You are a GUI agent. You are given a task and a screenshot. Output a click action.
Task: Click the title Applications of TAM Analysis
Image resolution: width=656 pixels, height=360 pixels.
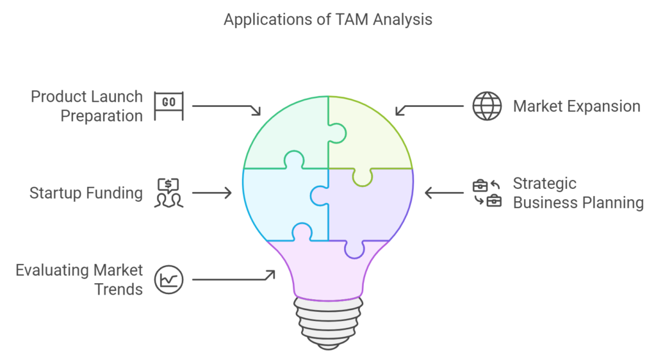(x=327, y=20)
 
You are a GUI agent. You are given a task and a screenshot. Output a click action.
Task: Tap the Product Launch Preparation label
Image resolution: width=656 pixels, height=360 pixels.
(x=87, y=106)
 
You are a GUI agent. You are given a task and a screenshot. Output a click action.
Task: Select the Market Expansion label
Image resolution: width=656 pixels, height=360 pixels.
(x=577, y=106)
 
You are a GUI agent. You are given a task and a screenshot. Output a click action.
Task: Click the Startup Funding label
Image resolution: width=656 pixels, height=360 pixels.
(x=86, y=193)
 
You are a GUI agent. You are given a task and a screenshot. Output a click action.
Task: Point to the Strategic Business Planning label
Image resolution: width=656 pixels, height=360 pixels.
(x=578, y=193)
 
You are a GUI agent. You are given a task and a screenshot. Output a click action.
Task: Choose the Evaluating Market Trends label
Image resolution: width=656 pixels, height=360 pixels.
(x=79, y=279)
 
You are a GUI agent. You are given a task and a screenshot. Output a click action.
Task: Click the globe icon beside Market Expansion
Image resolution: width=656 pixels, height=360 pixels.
(x=488, y=106)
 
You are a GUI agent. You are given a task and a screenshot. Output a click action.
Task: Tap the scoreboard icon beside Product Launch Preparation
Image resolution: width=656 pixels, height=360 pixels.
(x=169, y=106)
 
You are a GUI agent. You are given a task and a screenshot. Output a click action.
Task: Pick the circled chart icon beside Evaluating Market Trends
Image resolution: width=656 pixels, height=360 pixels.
(x=169, y=279)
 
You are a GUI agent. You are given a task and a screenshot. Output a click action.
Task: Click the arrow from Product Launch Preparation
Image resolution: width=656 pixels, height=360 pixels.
(x=226, y=108)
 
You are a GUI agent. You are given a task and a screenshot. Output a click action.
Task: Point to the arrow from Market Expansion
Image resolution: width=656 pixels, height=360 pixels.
(x=429, y=108)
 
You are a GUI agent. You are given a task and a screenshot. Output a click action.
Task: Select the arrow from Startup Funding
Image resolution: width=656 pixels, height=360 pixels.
(x=211, y=192)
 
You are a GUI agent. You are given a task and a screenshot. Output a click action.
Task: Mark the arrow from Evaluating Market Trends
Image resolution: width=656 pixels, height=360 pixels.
(x=234, y=277)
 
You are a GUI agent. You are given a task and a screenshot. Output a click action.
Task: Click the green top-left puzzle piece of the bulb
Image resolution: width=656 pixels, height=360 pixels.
(x=282, y=135)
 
